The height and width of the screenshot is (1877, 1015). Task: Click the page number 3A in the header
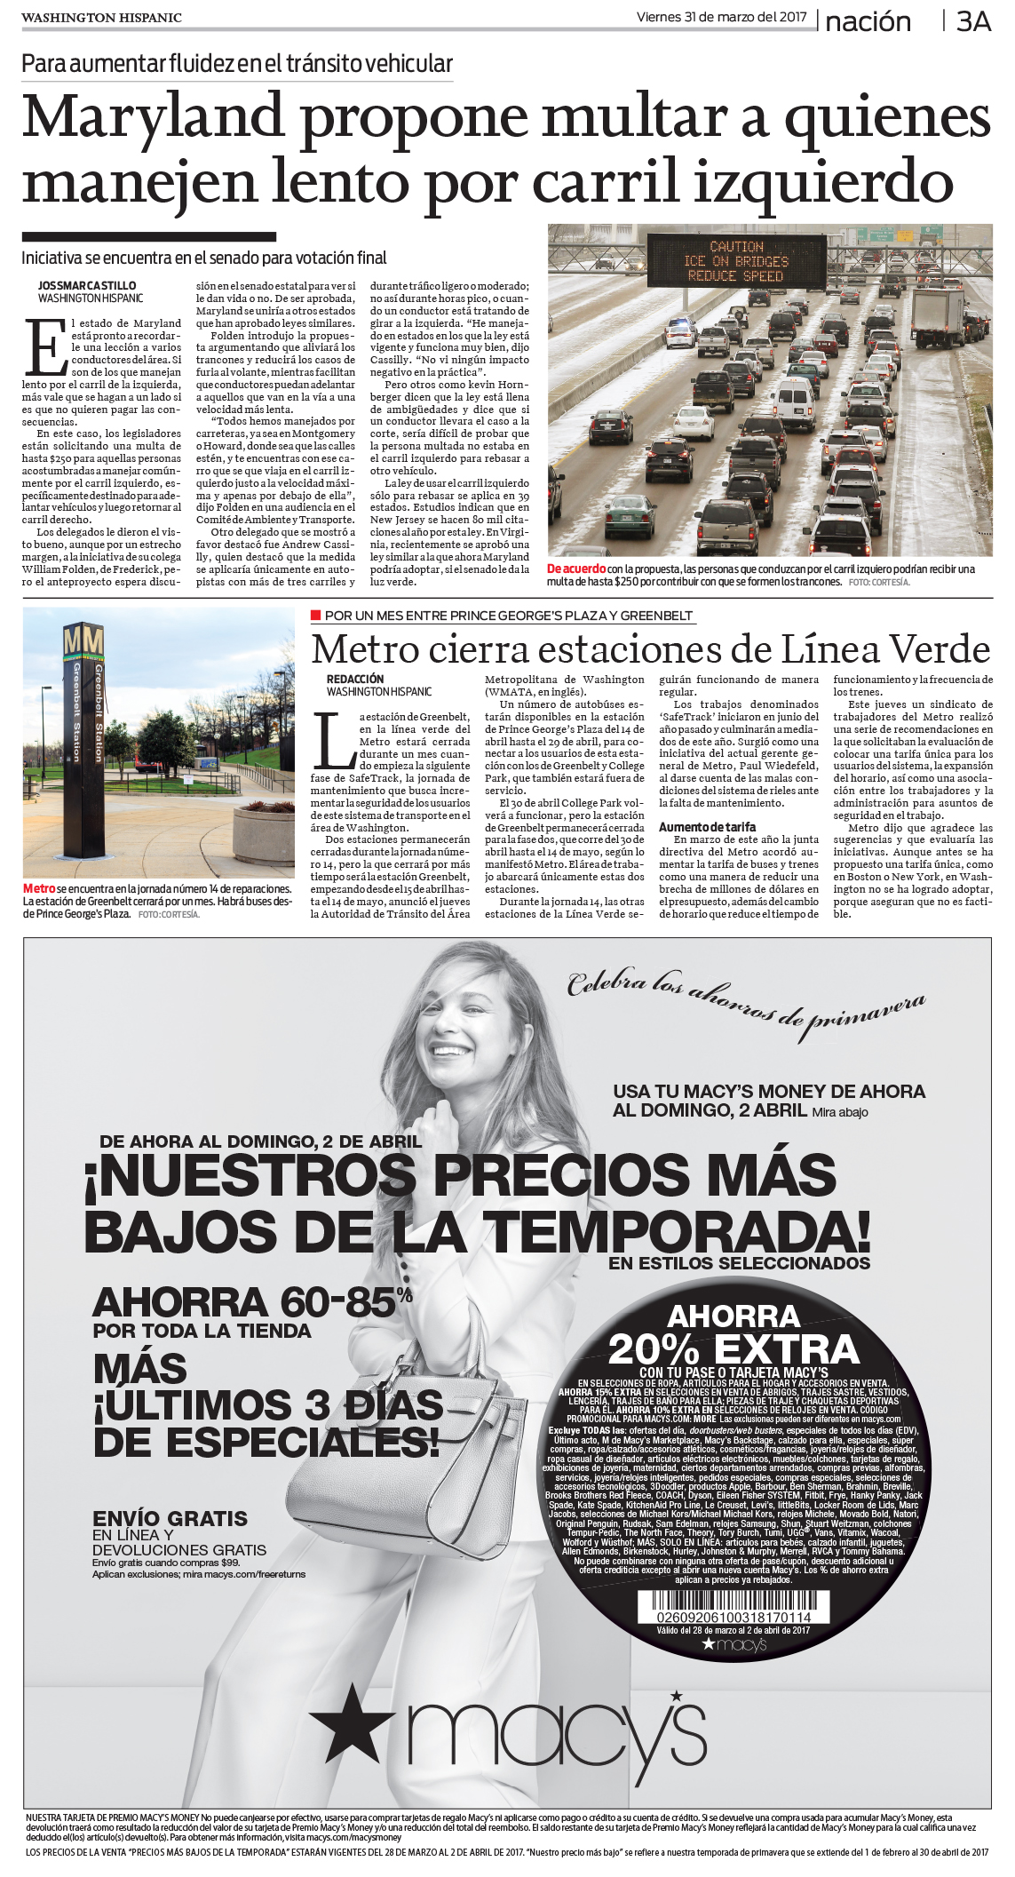coord(973,21)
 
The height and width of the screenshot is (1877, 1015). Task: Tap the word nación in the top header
coord(868,22)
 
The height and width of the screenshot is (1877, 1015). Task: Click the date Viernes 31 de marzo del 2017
coord(721,17)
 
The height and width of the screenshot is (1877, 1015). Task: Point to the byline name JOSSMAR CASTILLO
coord(87,286)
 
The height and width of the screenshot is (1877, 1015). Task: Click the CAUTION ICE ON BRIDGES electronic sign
coord(736,261)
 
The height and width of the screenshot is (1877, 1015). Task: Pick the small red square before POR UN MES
coord(315,615)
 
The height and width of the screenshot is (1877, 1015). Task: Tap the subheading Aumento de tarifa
coord(707,826)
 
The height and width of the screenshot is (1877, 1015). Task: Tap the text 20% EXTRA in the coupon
coord(733,1349)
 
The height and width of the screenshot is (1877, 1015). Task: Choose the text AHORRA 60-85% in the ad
coord(251,1302)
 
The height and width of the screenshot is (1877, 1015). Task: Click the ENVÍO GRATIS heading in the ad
coord(170,1518)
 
